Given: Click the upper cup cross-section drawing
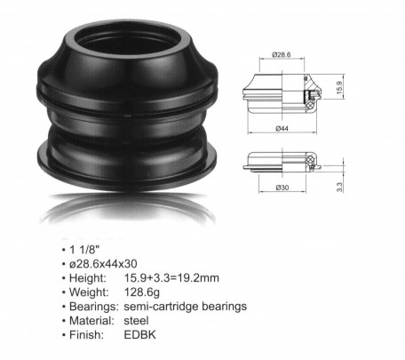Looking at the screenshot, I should [279, 92].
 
